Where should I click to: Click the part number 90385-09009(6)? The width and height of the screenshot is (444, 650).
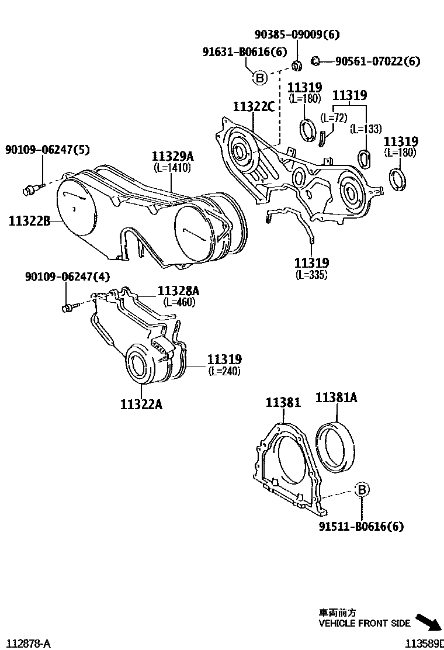click(x=296, y=34)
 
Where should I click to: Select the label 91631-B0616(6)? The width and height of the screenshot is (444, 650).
click(x=245, y=52)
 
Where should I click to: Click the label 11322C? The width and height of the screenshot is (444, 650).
click(x=254, y=106)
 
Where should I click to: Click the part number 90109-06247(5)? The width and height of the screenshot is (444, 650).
click(x=47, y=150)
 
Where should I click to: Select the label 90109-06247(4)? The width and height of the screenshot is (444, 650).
click(x=67, y=276)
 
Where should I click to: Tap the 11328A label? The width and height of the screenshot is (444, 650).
click(x=178, y=291)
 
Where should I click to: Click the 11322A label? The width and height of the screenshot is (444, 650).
click(x=141, y=404)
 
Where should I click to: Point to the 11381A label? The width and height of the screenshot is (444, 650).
click(x=337, y=398)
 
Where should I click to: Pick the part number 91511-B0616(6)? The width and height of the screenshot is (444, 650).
click(x=361, y=527)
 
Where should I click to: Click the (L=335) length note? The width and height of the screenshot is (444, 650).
click(x=311, y=274)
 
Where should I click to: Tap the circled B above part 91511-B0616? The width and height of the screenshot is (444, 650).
click(x=362, y=490)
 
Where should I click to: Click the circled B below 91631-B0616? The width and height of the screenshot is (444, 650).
click(x=259, y=77)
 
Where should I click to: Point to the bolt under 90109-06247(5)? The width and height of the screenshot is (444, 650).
click(x=30, y=188)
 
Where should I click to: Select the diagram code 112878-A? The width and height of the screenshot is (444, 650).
click(x=26, y=643)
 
